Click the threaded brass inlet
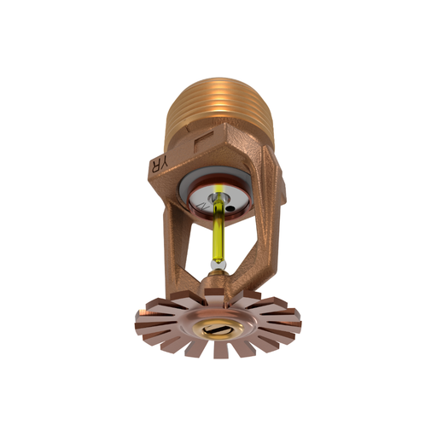[219, 102]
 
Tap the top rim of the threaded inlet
[219, 79]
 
